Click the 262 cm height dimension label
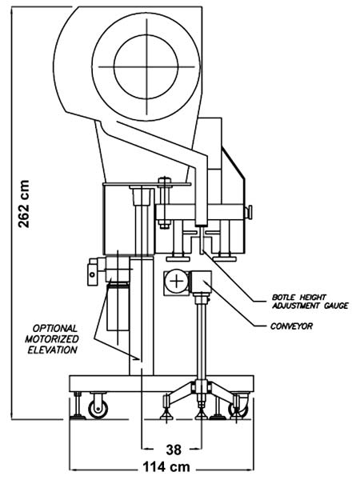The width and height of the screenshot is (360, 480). (24, 204)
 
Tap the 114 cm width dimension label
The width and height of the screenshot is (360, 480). (166, 467)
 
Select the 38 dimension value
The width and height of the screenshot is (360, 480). (174, 450)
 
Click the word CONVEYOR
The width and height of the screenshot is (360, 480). (291, 326)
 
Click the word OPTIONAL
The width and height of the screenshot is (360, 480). (54, 329)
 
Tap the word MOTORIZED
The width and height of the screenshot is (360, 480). (52, 339)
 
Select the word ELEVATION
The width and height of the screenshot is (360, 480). (52, 350)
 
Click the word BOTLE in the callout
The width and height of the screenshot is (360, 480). (283, 298)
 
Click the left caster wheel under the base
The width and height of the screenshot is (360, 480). (98, 408)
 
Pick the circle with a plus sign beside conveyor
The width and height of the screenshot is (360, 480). (176, 281)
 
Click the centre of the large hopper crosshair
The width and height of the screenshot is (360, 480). (146, 66)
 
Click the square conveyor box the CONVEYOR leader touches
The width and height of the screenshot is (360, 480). (202, 282)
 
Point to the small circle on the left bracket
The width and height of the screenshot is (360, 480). (92, 274)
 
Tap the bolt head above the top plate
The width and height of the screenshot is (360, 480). (164, 181)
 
